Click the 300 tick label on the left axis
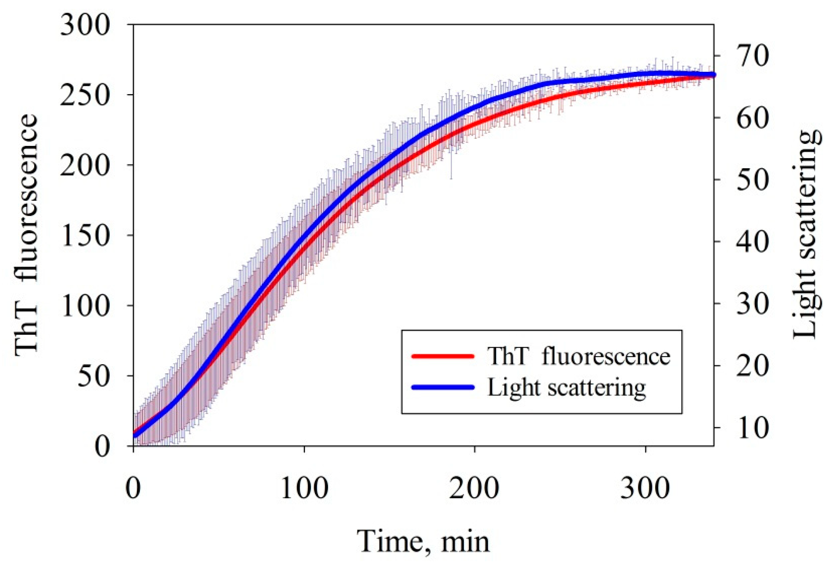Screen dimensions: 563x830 (x=85, y=26)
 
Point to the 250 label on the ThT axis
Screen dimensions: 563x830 (x=85, y=95)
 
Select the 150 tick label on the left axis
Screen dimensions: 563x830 (x=85, y=236)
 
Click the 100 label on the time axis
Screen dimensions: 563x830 (x=304, y=489)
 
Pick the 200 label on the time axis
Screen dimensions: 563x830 (x=474, y=489)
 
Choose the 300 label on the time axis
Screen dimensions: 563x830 (x=645, y=489)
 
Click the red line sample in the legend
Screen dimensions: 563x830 (x=443, y=356)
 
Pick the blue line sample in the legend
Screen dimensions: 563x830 (x=443, y=387)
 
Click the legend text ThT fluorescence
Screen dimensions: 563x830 (x=579, y=356)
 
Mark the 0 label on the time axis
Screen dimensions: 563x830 (x=133, y=489)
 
